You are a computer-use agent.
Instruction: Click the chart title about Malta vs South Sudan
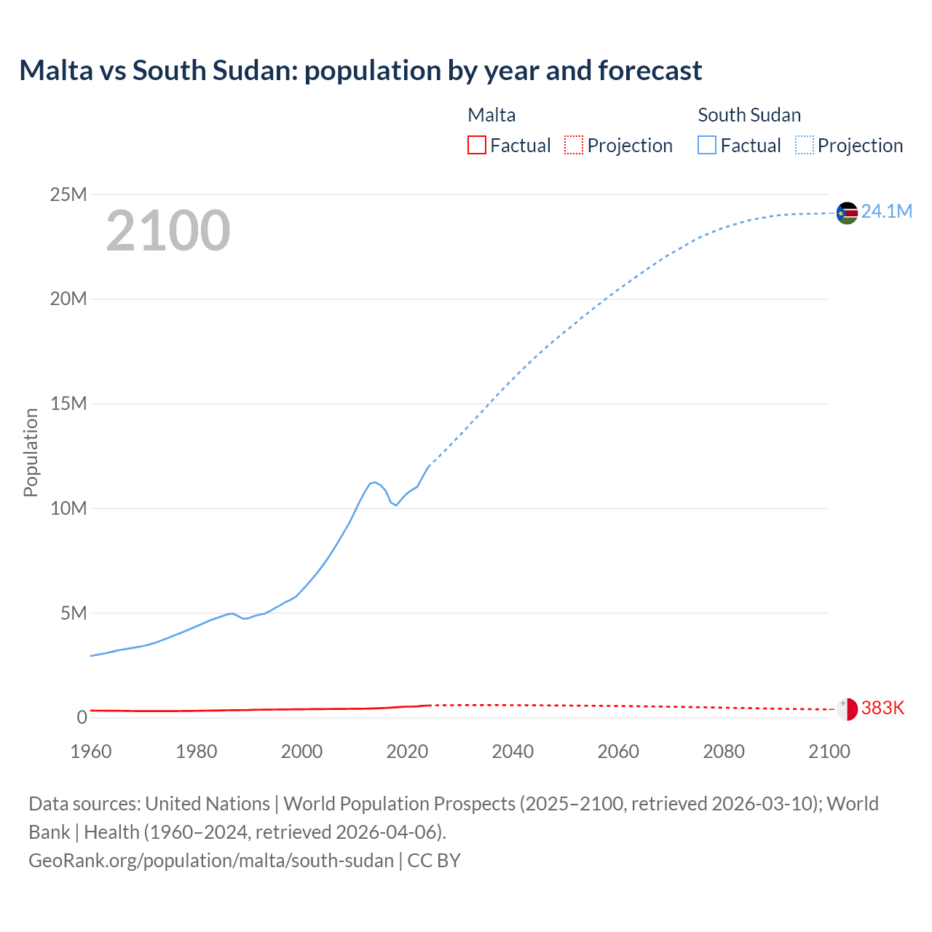[360, 71]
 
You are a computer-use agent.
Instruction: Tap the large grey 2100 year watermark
[168, 231]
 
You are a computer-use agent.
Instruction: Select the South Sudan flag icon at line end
[847, 213]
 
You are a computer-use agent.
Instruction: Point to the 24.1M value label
[886, 211]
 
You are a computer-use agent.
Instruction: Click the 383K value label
[882, 708]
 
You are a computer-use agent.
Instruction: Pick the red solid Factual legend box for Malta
[477, 145]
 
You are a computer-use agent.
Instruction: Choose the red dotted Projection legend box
[574, 145]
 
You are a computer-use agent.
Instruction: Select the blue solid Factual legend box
[707, 145]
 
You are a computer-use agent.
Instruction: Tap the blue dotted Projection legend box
[805, 145]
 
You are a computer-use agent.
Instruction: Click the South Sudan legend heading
[749, 115]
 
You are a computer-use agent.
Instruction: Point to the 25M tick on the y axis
[68, 194]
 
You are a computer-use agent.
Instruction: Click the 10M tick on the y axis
[68, 508]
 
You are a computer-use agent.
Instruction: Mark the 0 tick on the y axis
[82, 717]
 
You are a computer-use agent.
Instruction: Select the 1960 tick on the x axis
[91, 751]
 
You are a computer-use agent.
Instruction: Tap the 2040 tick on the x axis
[513, 751]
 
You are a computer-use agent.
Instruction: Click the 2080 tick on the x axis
[724, 751]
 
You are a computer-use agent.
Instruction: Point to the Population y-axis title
[31, 452]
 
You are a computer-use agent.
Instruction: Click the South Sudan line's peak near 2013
[374, 482]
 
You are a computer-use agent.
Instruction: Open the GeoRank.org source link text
[211, 861]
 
